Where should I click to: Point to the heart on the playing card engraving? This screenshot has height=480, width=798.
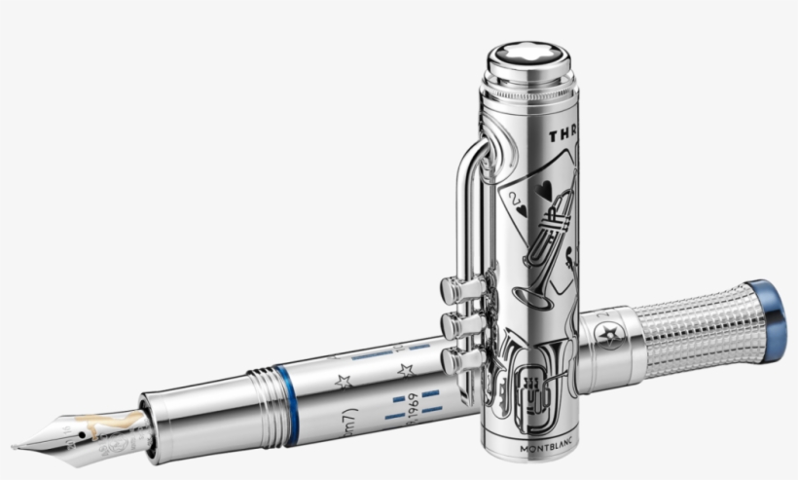526,195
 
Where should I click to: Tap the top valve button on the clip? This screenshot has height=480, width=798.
453,287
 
